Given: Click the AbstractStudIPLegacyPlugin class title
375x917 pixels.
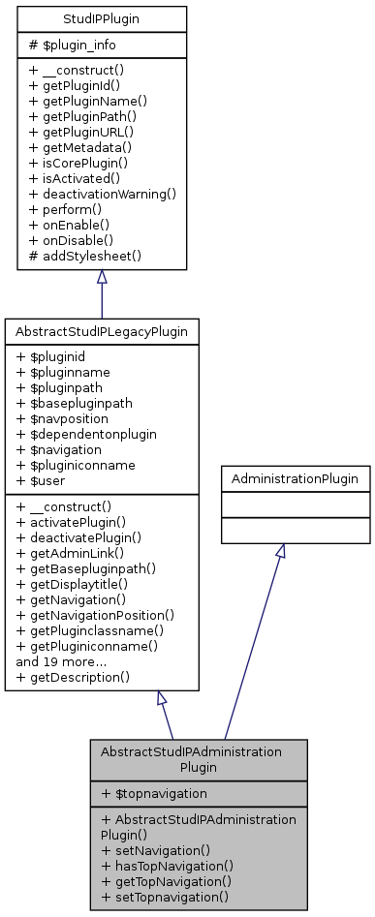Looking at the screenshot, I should pos(102,331).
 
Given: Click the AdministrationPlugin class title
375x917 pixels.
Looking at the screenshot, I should pos(295,478).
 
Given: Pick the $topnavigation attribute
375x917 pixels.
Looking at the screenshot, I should pos(152,794).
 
